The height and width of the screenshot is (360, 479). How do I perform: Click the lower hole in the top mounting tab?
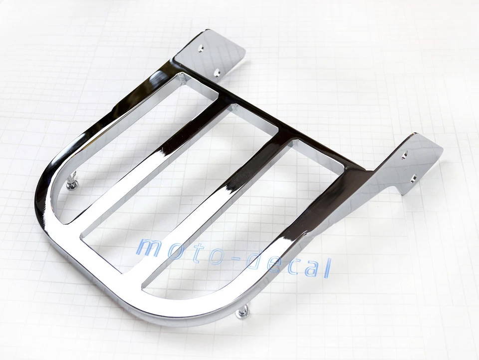point(217,73)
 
